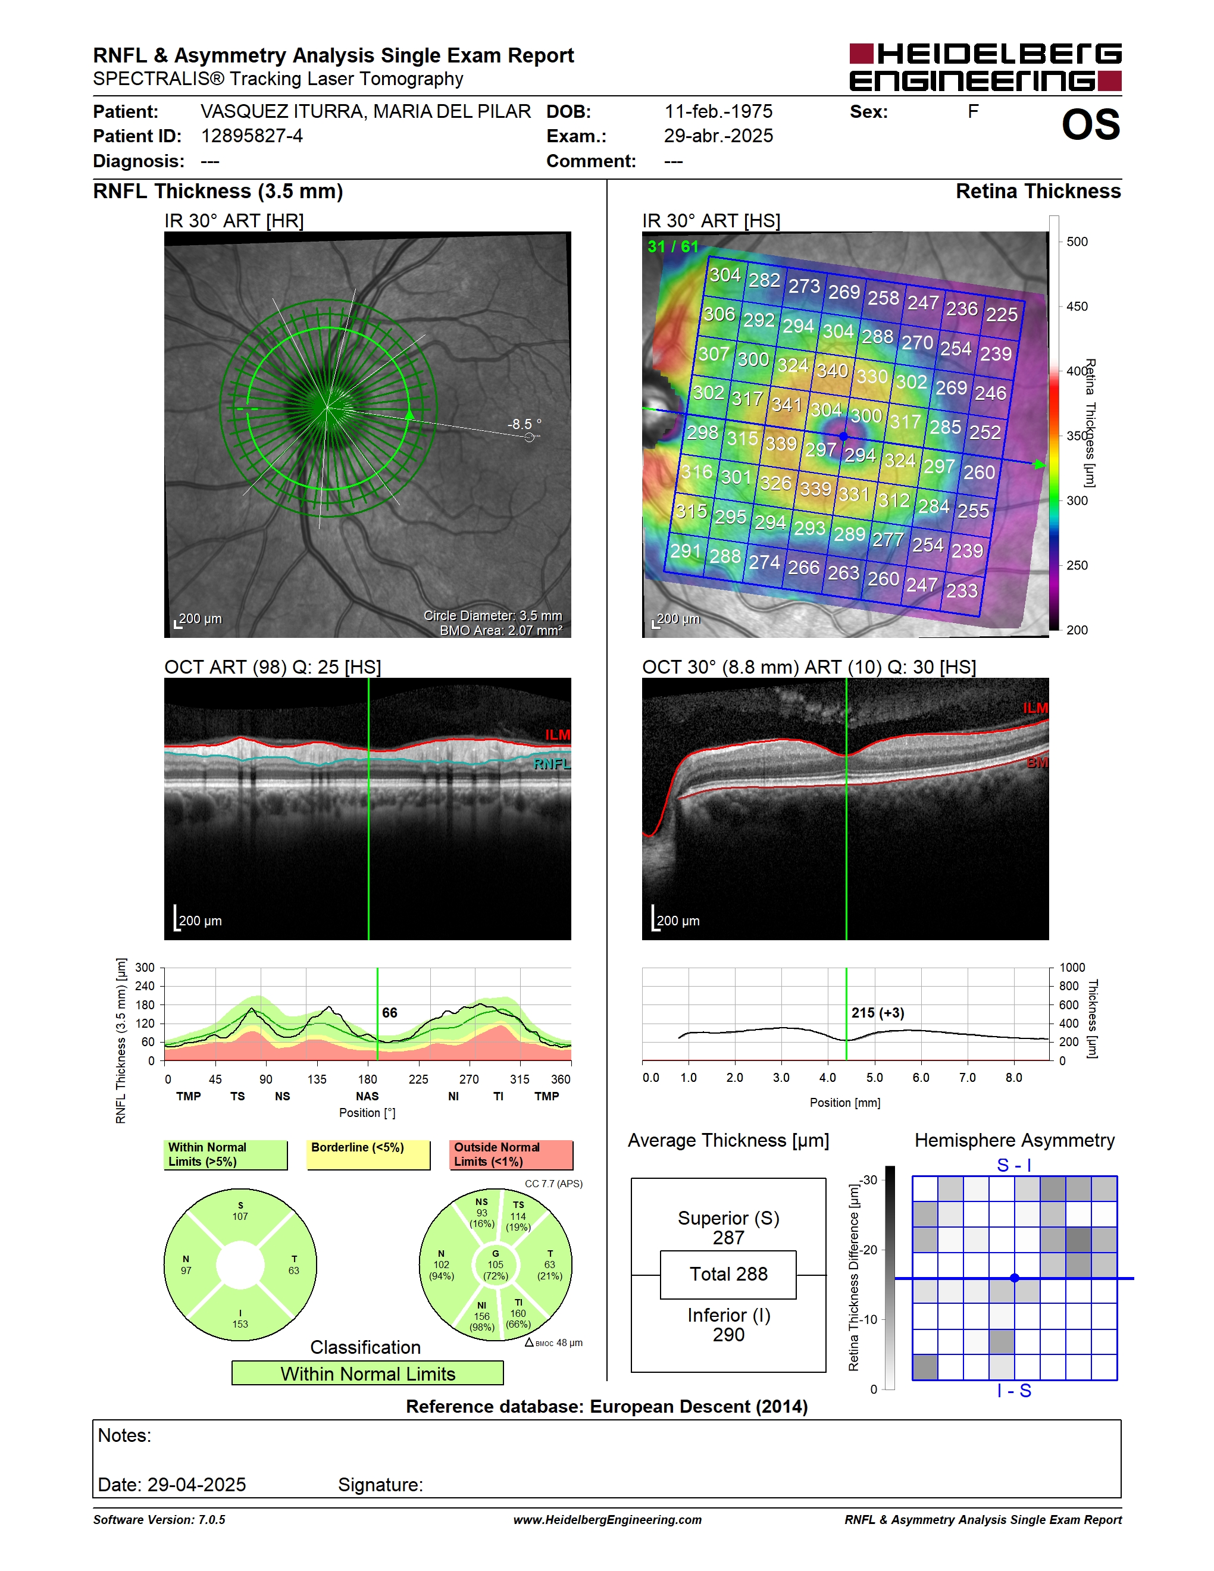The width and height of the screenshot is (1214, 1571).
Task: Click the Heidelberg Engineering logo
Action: click(x=985, y=67)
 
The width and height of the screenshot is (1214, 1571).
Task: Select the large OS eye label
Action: click(x=1091, y=124)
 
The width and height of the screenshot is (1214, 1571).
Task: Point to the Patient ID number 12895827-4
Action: click(x=252, y=136)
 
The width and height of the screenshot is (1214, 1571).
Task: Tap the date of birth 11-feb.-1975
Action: click(x=718, y=111)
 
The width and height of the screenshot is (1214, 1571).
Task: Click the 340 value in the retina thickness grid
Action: click(x=832, y=371)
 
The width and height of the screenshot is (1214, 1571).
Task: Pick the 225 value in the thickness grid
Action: click(x=1001, y=314)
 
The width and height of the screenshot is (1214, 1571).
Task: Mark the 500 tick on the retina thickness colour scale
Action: click(x=1077, y=242)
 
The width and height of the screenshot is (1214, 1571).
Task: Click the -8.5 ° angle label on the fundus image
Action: click(x=524, y=424)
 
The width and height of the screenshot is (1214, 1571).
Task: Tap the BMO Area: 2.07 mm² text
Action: click(x=501, y=630)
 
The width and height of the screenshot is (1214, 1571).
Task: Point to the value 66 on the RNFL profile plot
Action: click(x=390, y=1013)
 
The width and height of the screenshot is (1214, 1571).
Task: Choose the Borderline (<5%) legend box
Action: click(x=368, y=1154)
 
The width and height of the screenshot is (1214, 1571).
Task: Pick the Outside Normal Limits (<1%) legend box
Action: click(x=511, y=1154)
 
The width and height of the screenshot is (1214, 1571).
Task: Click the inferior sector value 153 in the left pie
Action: click(x=240, y=1324)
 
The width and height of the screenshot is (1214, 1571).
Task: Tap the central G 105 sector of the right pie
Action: click(x=496, y=1265)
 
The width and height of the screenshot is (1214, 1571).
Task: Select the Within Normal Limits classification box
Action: click(x=368, y=1373)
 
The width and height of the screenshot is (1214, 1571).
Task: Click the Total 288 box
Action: click(x=728, y=1275)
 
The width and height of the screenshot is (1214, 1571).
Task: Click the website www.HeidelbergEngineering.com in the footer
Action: click(x=608, y=1520)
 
